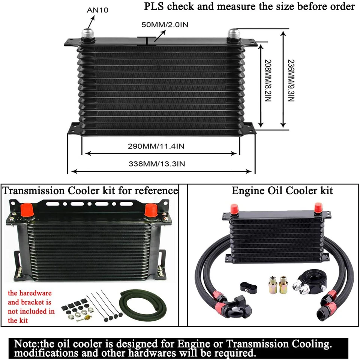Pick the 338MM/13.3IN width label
(x=157, y=163)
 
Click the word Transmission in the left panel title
(x=34, y=191)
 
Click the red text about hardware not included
(x=31, y=307)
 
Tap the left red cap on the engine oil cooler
(x=234, y=208)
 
